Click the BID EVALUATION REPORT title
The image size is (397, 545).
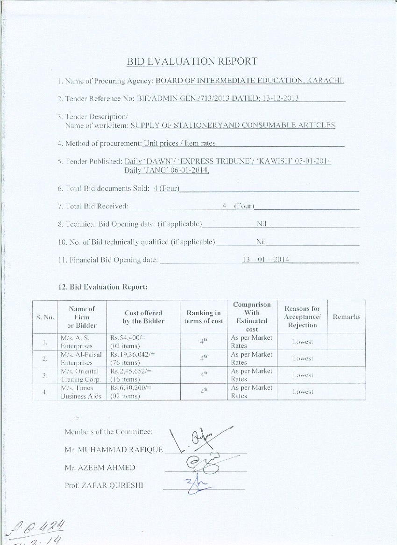(x=192, y=62)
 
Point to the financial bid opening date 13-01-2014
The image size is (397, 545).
(x=265, y=259)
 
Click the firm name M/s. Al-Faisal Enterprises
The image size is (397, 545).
(x=81, y=358)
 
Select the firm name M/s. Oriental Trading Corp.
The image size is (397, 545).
(x=80, y=375)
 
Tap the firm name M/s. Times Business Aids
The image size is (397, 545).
(x=80, y=392)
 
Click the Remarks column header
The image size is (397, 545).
(x=346, y=317)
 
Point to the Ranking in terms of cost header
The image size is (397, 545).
(x=203, y=317)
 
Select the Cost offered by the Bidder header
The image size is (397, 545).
(x=143, y=317)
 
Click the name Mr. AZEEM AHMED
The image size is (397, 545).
(x=100, y=468)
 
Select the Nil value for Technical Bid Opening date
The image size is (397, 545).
(x=261, y=224)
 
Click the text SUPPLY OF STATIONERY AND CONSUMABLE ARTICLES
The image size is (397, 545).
(x=233, y=125)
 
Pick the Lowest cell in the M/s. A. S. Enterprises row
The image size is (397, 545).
(x=302, y=342)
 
